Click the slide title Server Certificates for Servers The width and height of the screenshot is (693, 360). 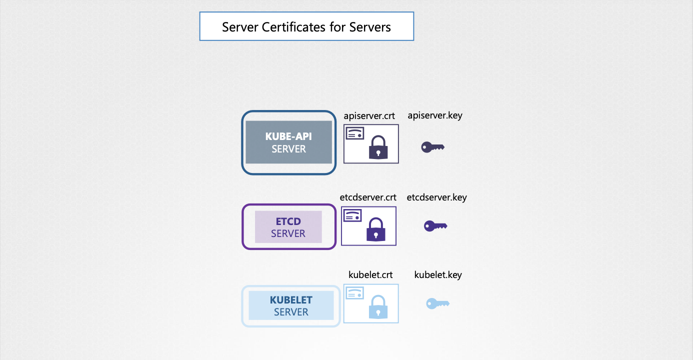tap(306, 26)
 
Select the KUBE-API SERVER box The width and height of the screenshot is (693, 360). tap(288, 142)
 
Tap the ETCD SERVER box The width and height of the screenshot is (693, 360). tap(288, 226)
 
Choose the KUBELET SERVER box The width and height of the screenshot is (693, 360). tap(291, 305)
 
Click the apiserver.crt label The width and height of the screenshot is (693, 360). tap(369, 116)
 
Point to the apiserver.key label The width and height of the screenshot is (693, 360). tap(434, 115)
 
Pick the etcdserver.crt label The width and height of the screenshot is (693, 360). tap(368, 197)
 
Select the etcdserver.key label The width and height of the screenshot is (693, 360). tap(436, 197)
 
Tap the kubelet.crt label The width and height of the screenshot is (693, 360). tap(370, 275)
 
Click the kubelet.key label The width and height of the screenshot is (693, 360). tap(438, 275)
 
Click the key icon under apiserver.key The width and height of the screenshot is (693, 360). tap(432, 147)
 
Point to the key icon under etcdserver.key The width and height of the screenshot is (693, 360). tap(435, 226)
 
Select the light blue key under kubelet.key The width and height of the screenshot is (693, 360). tap(437, 303)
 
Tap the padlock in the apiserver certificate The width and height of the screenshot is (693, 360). tap(378, 148)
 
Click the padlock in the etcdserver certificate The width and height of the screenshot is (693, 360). tap(376, 230)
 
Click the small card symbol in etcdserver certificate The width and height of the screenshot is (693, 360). tap(352, 216)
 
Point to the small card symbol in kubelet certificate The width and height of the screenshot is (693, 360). tap(354, 293)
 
